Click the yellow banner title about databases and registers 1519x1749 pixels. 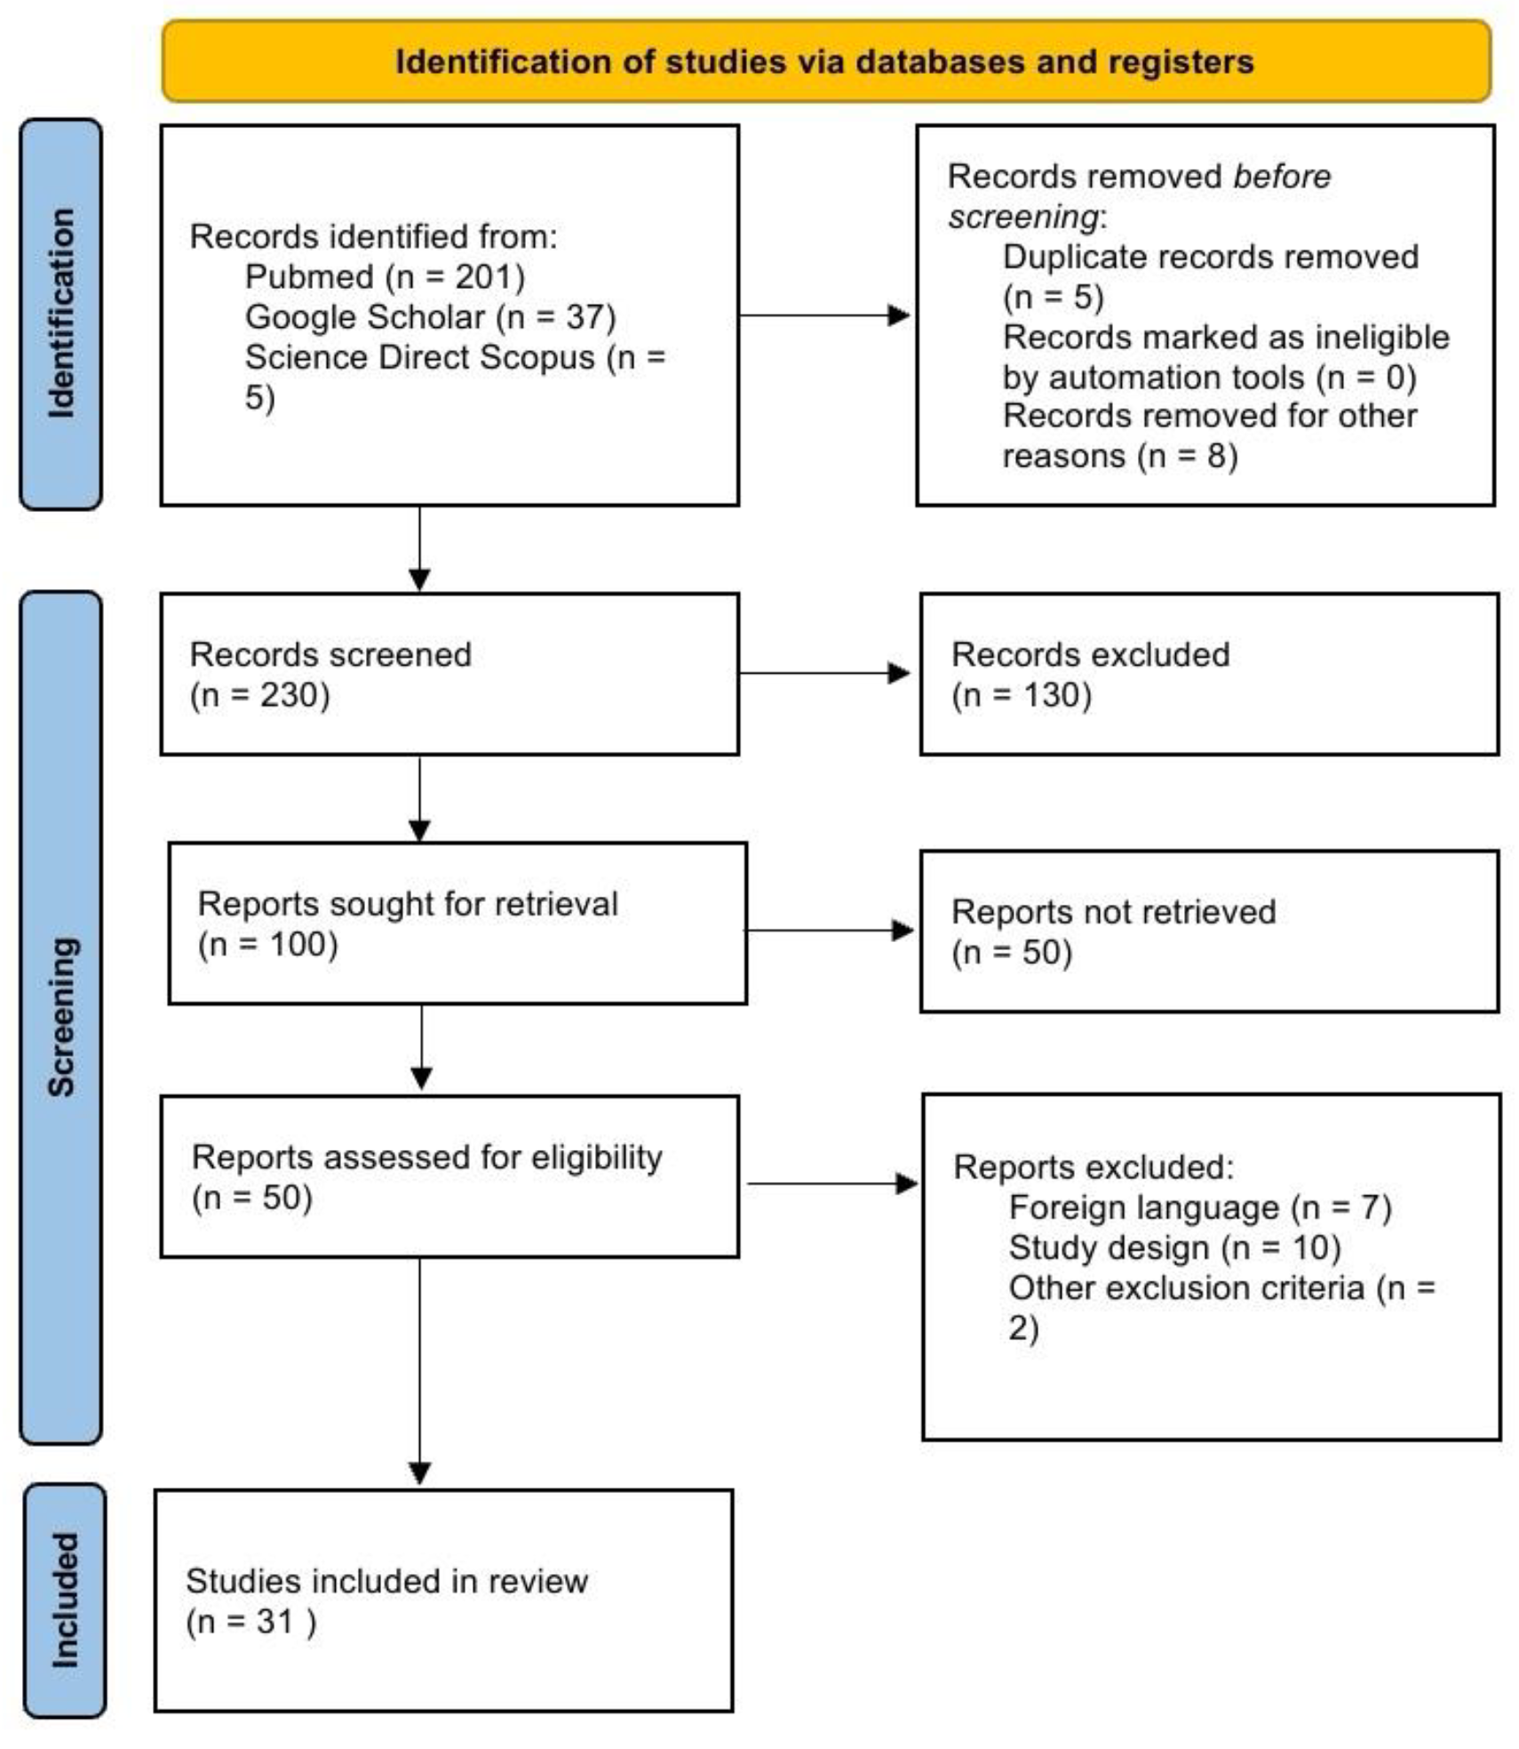coord(823,62)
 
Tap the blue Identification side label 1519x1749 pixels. coord(60,313)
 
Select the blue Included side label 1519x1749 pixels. coord(64,1599)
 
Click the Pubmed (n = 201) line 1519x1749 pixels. coord(384,276)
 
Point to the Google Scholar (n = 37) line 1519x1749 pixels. coord(429,316)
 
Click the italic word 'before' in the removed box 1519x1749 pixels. coord(1281,176)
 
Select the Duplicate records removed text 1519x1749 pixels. coord(1209,257)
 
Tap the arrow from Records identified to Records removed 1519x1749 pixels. coord(823,315)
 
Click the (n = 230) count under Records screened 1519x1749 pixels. coord(259,694)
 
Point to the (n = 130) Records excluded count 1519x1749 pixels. coord(1021,694)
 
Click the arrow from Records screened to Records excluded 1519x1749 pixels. coord(823,673)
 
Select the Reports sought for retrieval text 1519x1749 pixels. coord(407,903)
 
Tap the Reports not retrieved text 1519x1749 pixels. coord(1112,911)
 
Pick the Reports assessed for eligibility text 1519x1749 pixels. coord(426,1156)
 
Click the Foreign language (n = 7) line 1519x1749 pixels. coord(1199,1207)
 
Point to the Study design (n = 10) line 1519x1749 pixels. coord(1173,1247)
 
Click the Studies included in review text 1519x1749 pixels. coord(386,1580)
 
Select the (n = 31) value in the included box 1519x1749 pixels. coord(251,1621)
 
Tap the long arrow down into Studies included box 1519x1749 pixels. coord(419,1369)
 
